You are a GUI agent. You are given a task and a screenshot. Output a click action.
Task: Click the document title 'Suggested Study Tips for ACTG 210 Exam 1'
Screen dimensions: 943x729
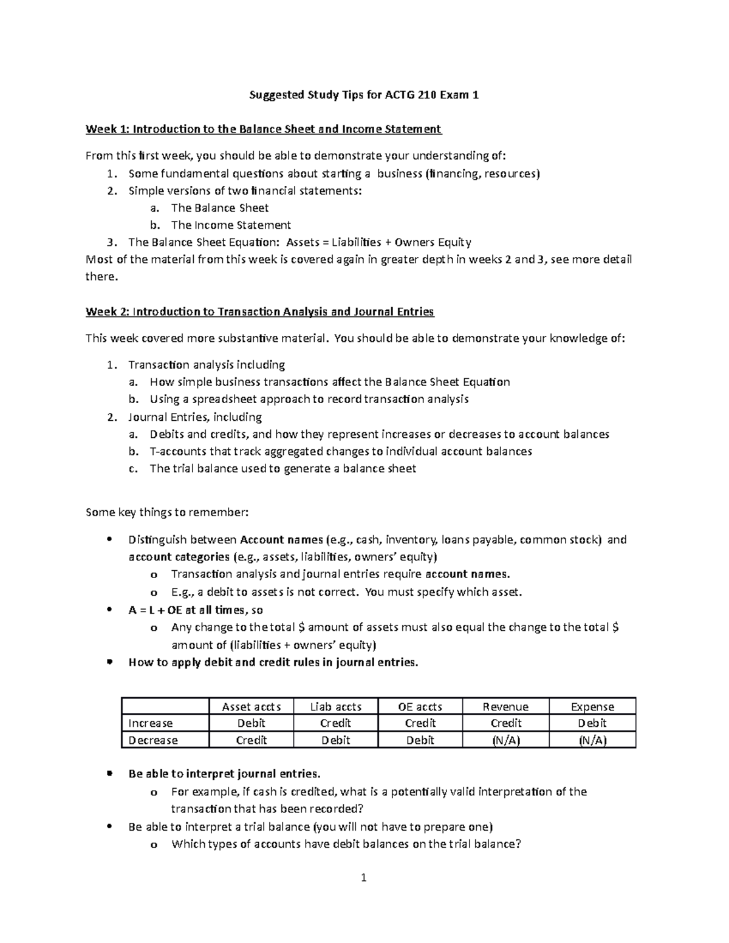(364, 95)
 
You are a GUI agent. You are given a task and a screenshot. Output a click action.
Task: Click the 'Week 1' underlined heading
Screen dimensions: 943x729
(263, 129)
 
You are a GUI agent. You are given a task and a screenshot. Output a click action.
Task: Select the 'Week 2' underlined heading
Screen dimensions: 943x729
(259, 311)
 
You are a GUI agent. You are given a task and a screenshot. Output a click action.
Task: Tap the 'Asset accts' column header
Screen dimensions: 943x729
(251, 707)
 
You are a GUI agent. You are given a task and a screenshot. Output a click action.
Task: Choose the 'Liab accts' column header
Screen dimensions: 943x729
(335, 707)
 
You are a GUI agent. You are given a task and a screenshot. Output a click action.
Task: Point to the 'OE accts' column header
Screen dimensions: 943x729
(420, 707)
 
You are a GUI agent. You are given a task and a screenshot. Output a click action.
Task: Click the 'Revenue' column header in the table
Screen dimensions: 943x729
(505, 707)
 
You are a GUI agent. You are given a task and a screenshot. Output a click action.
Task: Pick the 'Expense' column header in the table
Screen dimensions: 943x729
(592, 707)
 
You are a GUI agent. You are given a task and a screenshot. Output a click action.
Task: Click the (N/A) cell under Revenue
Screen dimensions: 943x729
(505, 740)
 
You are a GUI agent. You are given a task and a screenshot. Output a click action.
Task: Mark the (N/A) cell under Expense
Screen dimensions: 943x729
(592, 740)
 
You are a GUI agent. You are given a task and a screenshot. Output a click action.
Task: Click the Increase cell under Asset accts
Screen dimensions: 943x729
(251, 723)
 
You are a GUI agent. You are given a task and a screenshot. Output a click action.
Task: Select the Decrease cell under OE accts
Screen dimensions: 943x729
(420, 740)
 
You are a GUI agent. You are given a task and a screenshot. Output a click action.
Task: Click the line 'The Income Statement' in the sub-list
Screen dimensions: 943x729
(231, 225)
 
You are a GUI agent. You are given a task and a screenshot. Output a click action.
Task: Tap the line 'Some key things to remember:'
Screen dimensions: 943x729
(167, 512)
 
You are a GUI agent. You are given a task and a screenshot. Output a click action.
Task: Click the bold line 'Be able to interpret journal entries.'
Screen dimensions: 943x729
(224, 774)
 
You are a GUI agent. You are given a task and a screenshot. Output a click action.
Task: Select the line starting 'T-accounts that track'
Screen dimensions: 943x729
(341, 451)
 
